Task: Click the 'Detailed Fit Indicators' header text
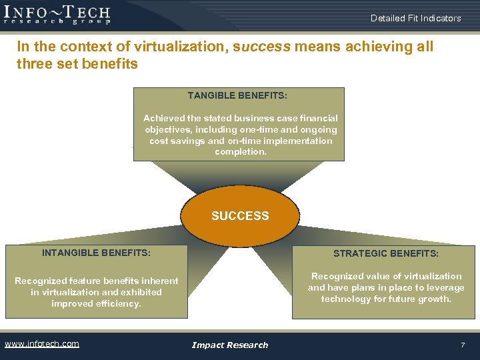pyautogui.click(x=415, y=18)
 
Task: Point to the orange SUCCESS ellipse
pyautogui.click(x=240, y=216)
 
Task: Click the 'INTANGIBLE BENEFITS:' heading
pyautogui.click(x=96, y=253)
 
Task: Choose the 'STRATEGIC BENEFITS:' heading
pyautogui.click(x=386, y=253)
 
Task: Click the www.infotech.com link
pyautogui.click(x=42, y=344)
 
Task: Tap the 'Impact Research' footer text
pyautogui.click(x=230, y=345)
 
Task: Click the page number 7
pyautogui.click(x=463, y=345)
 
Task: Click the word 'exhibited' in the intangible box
pyautogui.click(x=141, y=292)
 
